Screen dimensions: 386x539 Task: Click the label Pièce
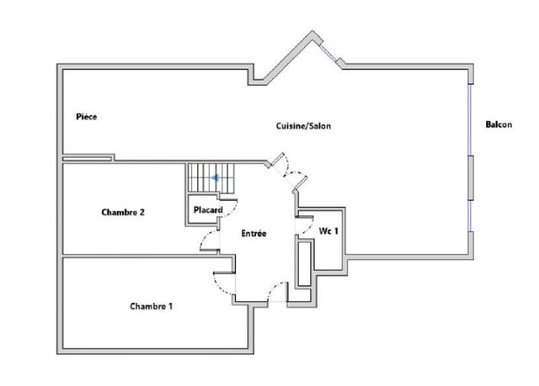(87, 117)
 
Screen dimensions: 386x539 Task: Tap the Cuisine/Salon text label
(304, 126)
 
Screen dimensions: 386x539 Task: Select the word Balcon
(499, 125)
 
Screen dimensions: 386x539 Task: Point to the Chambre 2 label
(124, 213)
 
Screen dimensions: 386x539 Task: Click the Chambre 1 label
(152, 306)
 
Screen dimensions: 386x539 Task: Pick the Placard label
(207, 209)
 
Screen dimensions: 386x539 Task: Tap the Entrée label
(253, 233)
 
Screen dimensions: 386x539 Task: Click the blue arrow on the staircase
(216, 177)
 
